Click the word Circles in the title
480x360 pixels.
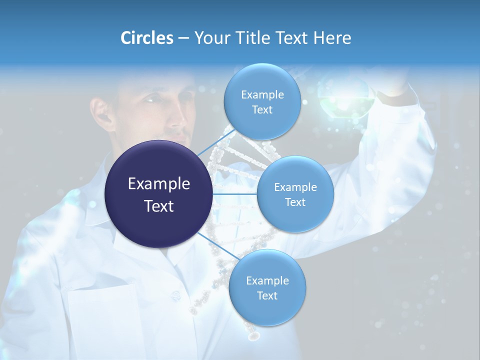coord(146,38)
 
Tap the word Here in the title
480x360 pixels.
coord(332,38)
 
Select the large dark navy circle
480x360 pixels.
coord(158,194)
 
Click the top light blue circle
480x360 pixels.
coord(261,101)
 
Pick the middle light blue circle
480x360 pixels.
coord(295,194)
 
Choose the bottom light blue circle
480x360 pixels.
coord(267,287)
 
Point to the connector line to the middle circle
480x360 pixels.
coord(234,194)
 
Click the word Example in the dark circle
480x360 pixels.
coord(158,184)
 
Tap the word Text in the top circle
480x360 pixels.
coord(262,109)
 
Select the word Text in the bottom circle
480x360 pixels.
coord(267,295)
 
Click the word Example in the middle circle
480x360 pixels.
coord(295,187)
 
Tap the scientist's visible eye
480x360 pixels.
coord(150,100)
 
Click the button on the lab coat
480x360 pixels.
coord(175,296)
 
